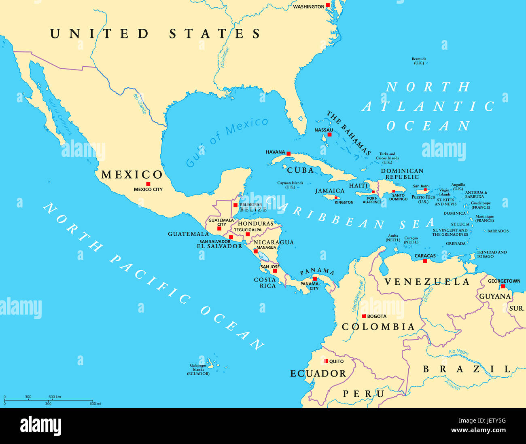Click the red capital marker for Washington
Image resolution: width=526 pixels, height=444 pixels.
tap(328, 6)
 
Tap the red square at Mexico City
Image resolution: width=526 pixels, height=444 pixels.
tap(148, 184)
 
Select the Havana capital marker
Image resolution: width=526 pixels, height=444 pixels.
tap(288, 154)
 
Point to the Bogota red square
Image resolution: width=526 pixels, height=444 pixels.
tap(364, 316)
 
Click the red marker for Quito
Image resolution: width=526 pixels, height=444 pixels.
tap(326, 361)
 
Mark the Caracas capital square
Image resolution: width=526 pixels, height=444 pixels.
tap(425, 261)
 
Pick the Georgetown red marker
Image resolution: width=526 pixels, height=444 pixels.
tap(503, 286)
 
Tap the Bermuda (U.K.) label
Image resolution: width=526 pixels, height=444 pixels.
tap(419, 61)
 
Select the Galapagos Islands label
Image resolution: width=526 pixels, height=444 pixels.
tap(198, 370)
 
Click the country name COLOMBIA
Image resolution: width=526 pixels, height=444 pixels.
tap(378, 327)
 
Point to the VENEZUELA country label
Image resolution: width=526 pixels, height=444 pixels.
tap(427, 282)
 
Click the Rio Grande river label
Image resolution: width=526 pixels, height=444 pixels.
tap(140, 104)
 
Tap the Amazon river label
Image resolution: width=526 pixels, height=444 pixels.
tap(452, 385)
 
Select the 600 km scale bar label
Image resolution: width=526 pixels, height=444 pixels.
tap(55, 397)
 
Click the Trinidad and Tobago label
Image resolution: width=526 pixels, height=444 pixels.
tap(491, 254)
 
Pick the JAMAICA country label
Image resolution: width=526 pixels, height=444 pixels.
tap(330, 191)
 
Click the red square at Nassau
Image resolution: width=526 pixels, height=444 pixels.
tap(329, 134)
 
